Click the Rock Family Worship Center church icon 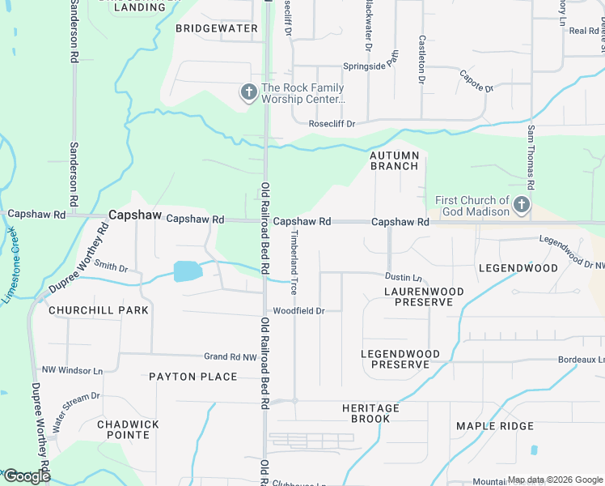(x=248, y=93)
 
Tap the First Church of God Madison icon (x=522, y=205)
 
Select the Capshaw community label (x=132, y=215)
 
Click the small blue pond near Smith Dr (x=186, y=271)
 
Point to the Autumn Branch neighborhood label (x=395, y=160)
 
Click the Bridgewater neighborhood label (x=217, y=28)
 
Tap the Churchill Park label (x=98, y=310)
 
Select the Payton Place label (x=193, y=377)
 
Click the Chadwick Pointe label (x=128, y=429)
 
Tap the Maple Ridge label (x=494, y=426)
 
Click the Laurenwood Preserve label (x=424, y=296)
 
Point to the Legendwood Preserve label (x=400, y=360)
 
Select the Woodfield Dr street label (x=298, y=311)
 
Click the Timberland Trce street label (x=294, y=253)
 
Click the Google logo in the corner (x=27, y=476)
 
